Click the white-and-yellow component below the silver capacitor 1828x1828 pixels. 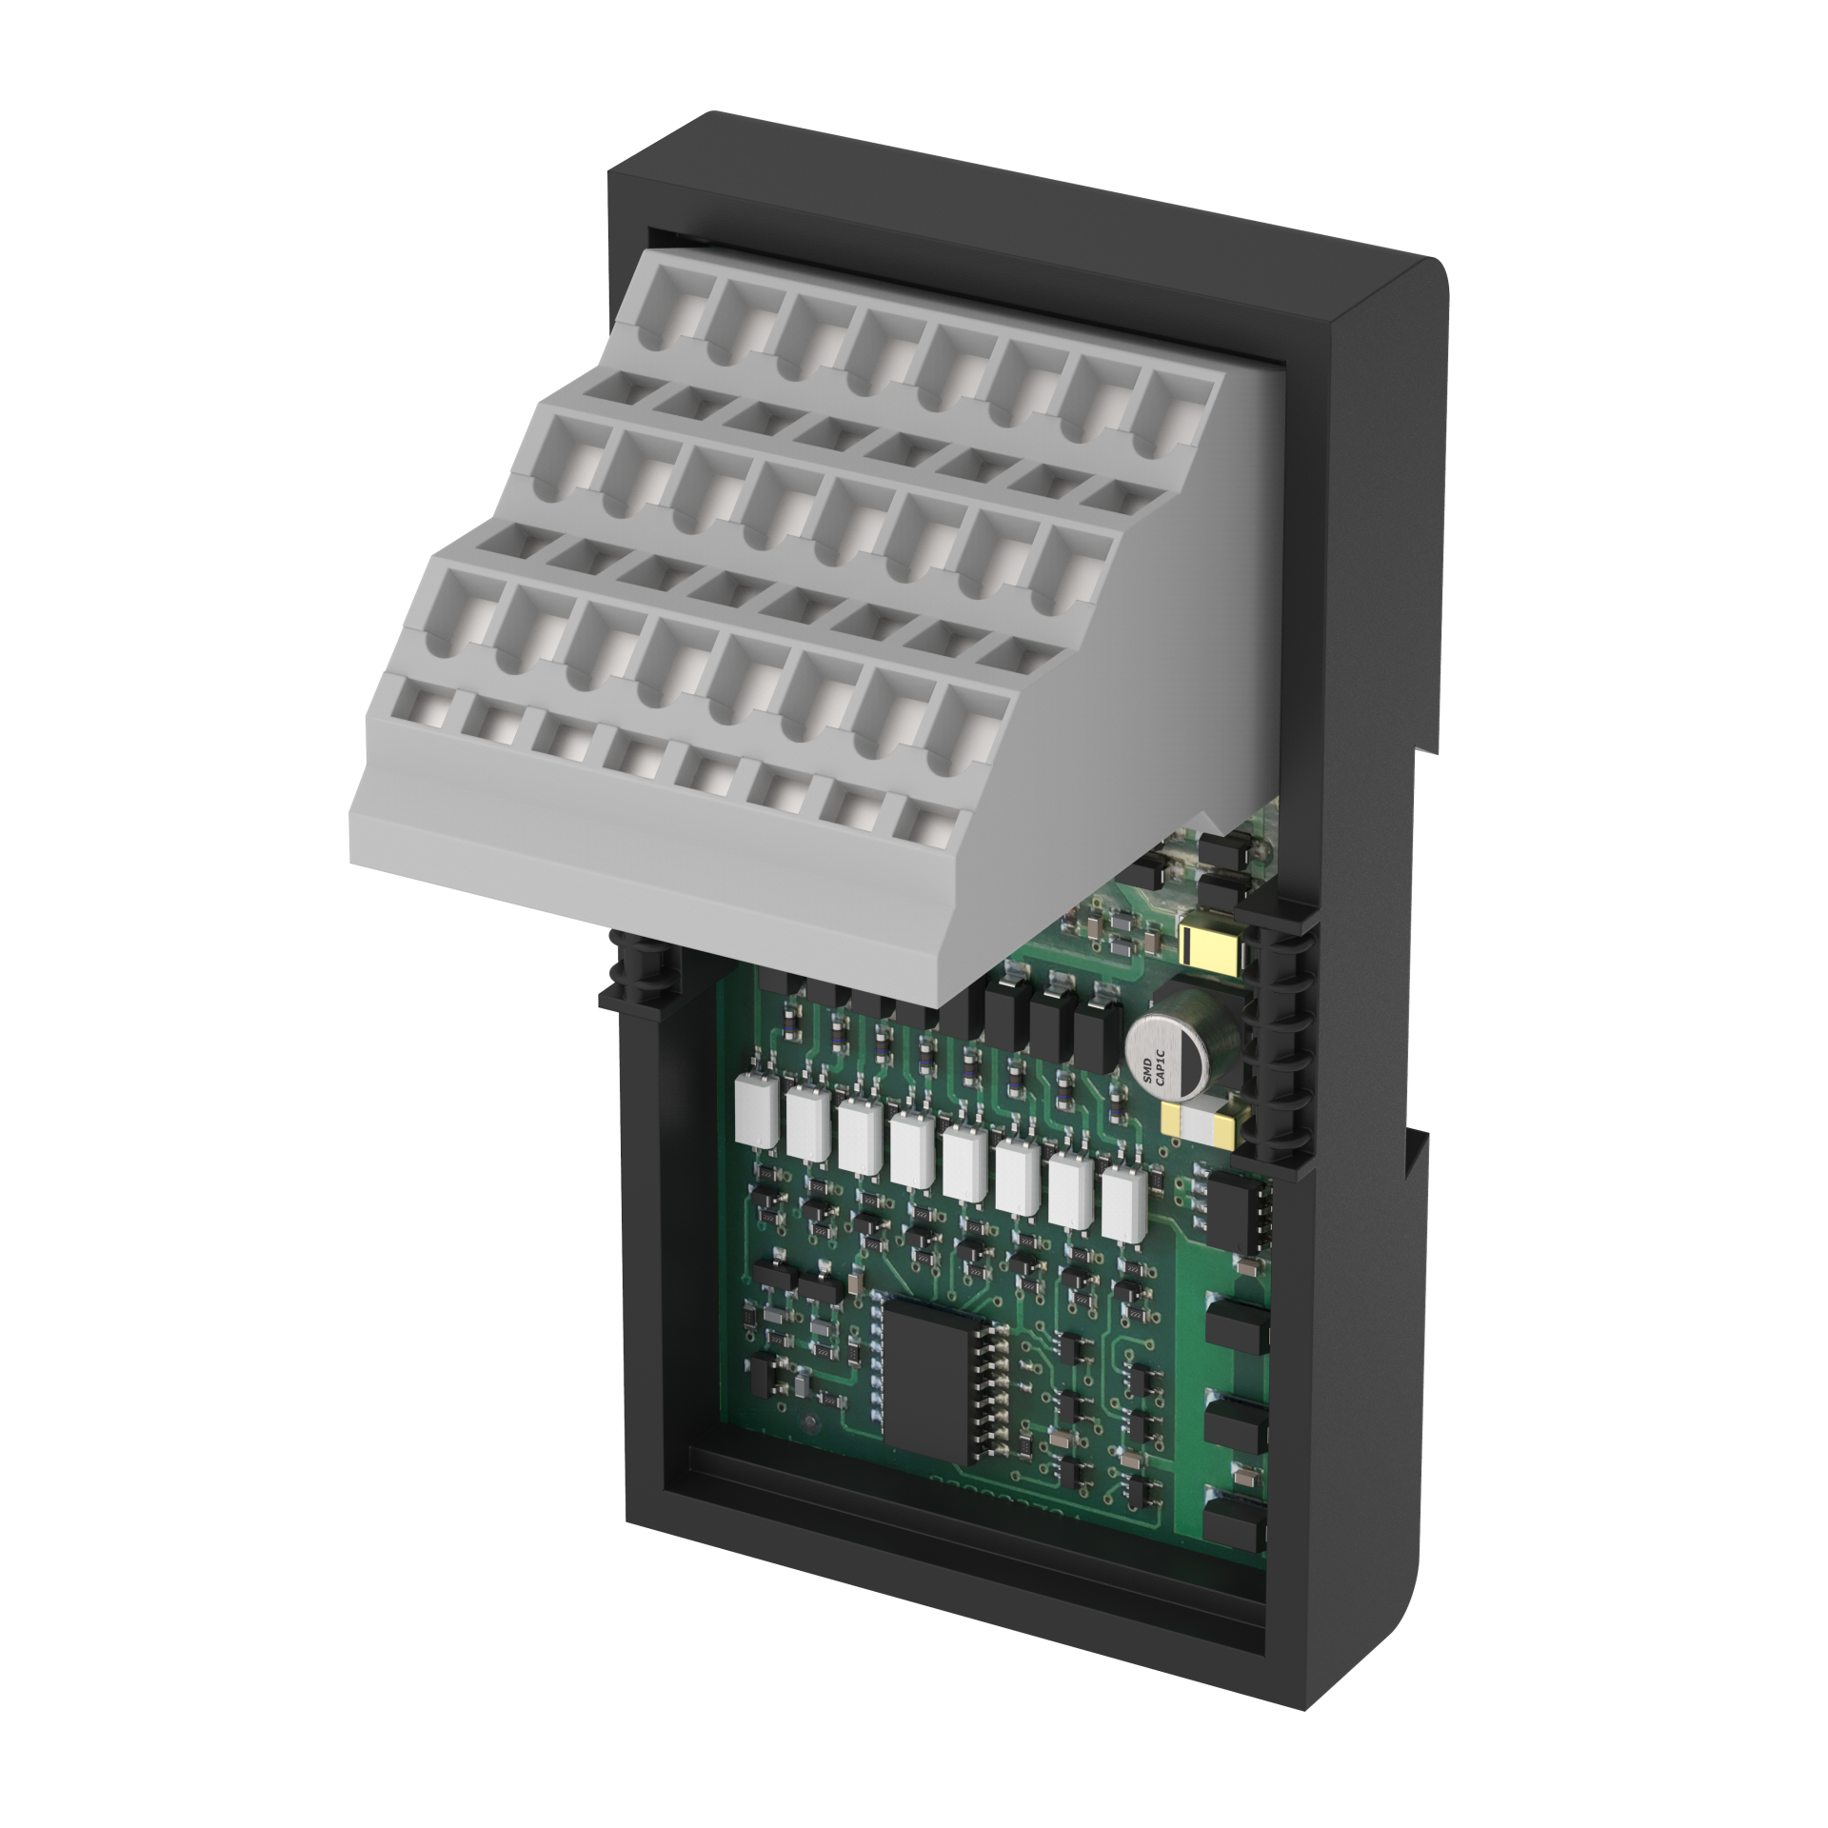click(x=1207, y=1123)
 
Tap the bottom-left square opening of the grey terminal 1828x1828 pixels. click(x=416, y=710)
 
